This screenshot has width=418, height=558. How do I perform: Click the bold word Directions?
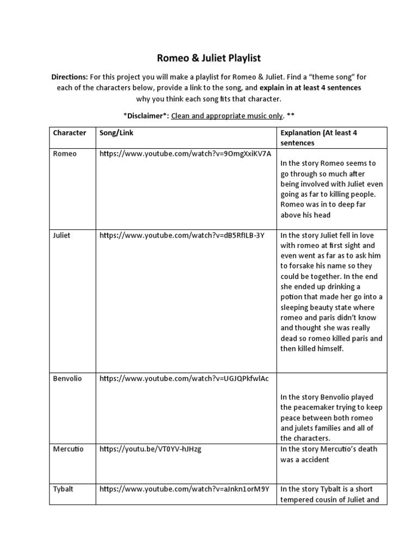[69, 77]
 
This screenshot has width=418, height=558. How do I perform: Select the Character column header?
[70, 133]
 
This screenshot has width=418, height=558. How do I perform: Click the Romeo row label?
[65, 154]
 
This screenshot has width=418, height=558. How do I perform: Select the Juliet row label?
[62, 235]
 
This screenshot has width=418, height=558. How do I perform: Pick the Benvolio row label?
[67, 378]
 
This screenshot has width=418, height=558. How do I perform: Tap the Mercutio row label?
[68, 449]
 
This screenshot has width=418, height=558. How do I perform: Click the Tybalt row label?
[63, 489]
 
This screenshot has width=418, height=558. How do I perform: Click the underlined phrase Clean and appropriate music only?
[228, 116]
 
